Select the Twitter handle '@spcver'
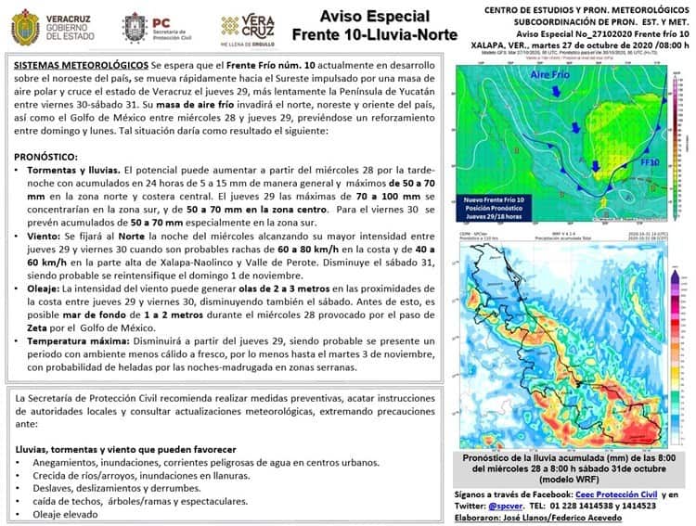click(x=496, y=507)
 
